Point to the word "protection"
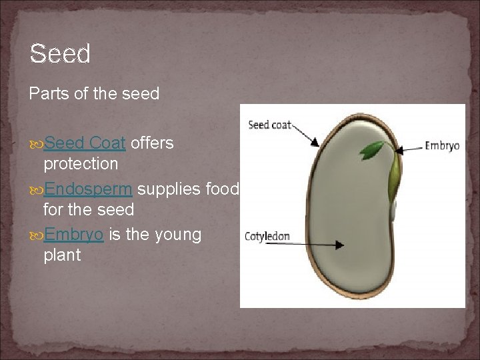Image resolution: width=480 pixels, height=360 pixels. point(81,163)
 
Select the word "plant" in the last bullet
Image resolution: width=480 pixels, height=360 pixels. point(62,255)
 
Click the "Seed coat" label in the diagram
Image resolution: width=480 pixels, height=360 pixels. point(269,125)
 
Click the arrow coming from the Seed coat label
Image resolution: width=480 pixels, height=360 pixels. point(306,134)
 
